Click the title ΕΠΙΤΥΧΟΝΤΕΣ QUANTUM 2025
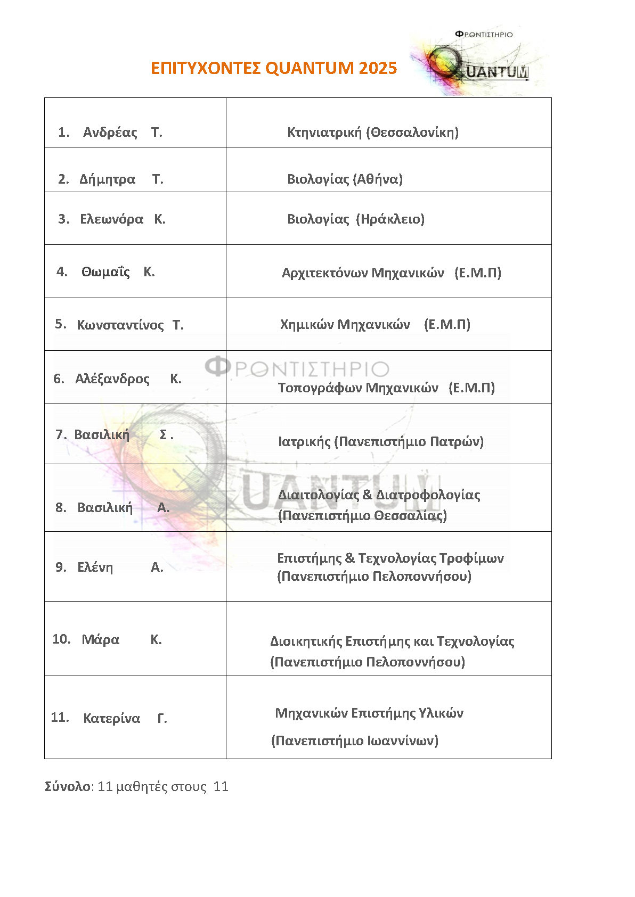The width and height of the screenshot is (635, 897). (x=274, y=68)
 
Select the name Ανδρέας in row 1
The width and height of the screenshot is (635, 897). (x=110, y=133)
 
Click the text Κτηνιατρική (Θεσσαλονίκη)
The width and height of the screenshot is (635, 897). (x=372, y=132)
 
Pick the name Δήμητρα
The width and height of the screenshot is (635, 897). (x=107, y=179)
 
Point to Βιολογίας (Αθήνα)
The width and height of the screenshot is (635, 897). (x=345, y=179)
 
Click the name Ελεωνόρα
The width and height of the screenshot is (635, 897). (x=111, y=219)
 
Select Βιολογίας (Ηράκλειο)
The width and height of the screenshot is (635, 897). (x=355, y=219)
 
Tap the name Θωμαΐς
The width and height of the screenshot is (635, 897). (x=105, y=272)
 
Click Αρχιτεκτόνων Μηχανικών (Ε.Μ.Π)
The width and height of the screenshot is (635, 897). (x=391, y=273)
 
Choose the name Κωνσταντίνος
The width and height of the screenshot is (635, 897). (x=120, y=325)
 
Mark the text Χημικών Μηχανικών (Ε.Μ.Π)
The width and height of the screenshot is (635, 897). (x=375, y=325)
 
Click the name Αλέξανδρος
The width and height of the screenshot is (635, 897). (x=112, y=379)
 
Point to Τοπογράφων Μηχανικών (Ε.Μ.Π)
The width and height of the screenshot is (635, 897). (x=386, y=388)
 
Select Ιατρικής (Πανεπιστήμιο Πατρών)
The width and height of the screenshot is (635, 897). (x=380, y=441)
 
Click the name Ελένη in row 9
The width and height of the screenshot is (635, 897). (x=95, y=567)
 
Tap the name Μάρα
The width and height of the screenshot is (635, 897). (x=100, y=640)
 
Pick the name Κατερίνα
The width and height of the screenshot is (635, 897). (x=111, y=719)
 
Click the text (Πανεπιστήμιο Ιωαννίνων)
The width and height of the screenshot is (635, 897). (x=354, y=741)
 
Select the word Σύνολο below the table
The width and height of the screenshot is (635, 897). (x=68, y=787)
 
